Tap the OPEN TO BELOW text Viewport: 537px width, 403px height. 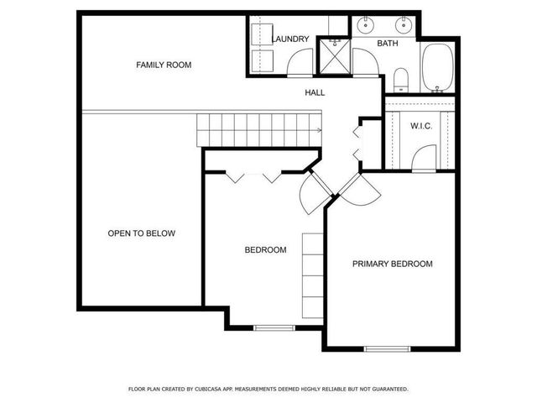coord(142,233)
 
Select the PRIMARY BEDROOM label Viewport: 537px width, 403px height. coord(392,264)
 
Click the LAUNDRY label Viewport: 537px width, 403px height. coord(290,39)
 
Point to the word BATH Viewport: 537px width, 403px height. coord(387,43)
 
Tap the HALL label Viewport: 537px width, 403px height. coord(315,92)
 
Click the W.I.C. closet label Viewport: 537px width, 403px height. coord(420,126)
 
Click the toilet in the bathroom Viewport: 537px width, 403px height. coord(400,80)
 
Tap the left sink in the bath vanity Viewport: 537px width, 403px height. coord(367,24)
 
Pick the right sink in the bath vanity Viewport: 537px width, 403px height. coord(404,24)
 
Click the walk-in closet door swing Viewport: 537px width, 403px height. coord(425,157)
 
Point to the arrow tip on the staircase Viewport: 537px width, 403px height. coord(321,129)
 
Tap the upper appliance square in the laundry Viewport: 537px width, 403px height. coord(260,31)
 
